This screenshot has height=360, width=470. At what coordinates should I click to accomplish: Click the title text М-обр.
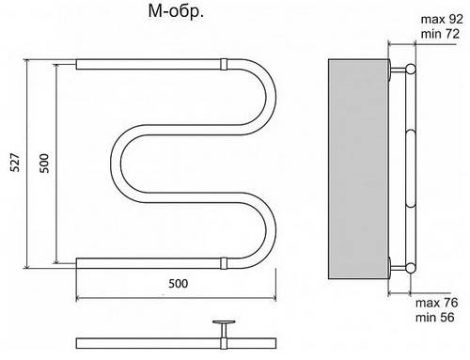tap(176, 12)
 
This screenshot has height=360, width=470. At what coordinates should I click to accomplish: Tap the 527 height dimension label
tap(15, 163)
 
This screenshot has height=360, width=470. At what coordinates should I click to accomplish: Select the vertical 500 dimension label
tap(44, 163)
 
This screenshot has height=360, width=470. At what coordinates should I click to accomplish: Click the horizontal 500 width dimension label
tap(179, 284)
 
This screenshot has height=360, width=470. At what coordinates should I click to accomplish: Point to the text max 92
tap(442, 19)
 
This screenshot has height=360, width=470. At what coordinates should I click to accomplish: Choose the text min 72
tap(440, 34)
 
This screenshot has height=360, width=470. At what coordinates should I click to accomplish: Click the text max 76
tap(436, 303)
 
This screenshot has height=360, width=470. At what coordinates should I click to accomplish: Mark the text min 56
tap(435, 317)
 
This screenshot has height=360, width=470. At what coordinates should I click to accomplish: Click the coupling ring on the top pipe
tap(224, 64)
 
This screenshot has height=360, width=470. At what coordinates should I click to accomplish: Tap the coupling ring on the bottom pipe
tap(224, 263)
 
